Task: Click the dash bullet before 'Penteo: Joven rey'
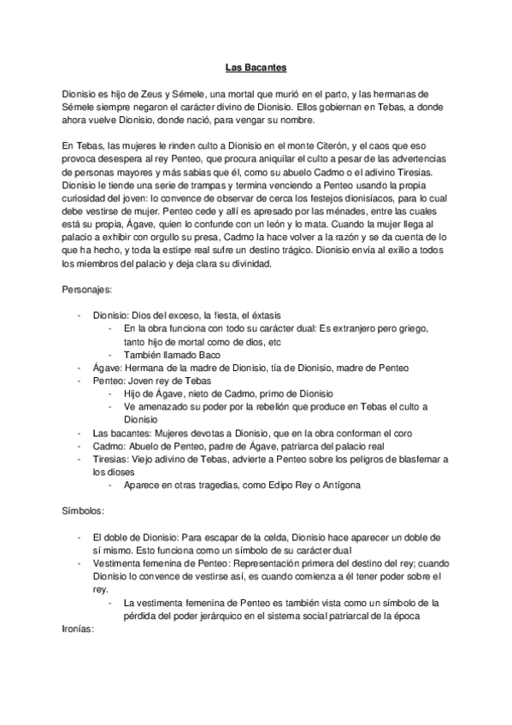pyautogui.click(x=80, y=380)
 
